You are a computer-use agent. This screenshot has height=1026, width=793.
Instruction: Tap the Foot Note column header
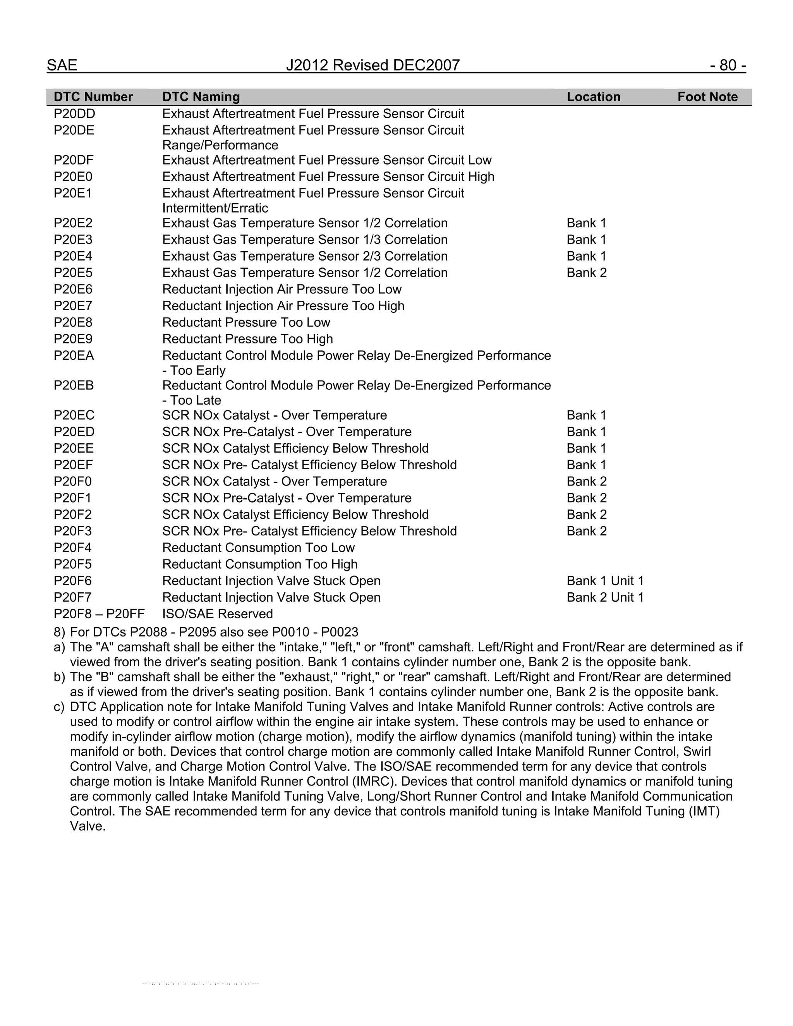coord(707,97)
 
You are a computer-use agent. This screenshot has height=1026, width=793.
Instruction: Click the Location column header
coord(593,97)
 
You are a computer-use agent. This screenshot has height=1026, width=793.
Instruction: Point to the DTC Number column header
coord(93,97)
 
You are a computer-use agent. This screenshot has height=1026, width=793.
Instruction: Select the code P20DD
coord(74,114)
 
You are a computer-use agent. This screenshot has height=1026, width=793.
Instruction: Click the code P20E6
coord(73,289)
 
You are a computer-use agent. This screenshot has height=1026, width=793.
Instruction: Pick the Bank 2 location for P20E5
coord(586,273)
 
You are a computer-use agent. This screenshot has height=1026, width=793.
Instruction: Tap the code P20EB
coord(74,386)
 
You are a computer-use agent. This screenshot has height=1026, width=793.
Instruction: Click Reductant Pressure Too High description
coord(247,339)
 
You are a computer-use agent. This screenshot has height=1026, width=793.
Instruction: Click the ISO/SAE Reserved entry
coord(218,614)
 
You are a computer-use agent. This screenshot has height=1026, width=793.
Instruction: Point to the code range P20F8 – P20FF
coord(99,614)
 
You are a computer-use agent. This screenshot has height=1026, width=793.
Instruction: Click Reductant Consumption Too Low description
coord(258,548)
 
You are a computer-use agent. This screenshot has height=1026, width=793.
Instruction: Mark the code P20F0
coord(73,482)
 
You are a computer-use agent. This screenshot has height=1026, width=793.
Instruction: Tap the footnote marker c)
coord(59,707)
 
